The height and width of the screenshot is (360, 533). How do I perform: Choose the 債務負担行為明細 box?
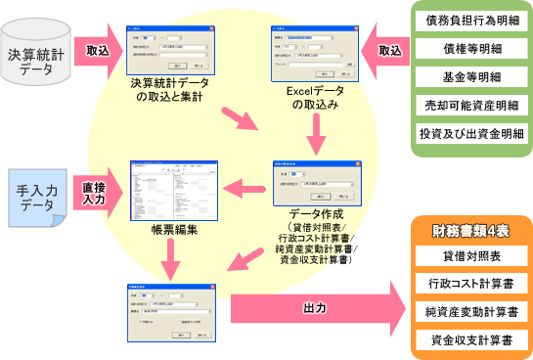(x=467, y=20)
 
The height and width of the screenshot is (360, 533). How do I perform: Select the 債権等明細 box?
(x=467, y=47)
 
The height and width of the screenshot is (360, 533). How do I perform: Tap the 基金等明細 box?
(x=467, y=75)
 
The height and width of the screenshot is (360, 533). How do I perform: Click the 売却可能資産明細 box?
(x=467, y=104)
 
